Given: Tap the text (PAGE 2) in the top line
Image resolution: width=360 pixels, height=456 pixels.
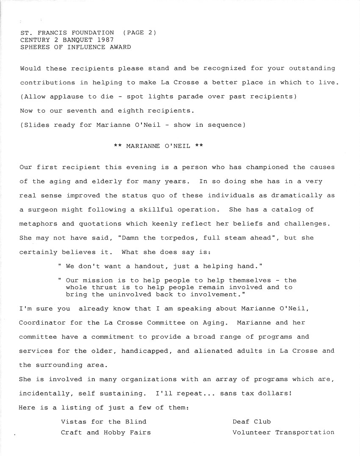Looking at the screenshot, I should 139,33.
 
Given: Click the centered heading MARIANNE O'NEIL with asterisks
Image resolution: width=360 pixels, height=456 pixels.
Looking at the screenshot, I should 158,146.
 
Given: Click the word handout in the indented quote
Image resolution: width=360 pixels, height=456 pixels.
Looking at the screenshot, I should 150,266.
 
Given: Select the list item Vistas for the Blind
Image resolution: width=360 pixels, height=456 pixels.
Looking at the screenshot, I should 104,422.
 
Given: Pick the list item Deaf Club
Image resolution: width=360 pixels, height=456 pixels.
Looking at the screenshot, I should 252,422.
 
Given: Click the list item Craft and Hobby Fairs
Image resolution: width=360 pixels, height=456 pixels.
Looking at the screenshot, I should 106,433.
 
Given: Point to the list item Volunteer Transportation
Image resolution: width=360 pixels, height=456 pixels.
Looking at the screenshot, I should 283,433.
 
